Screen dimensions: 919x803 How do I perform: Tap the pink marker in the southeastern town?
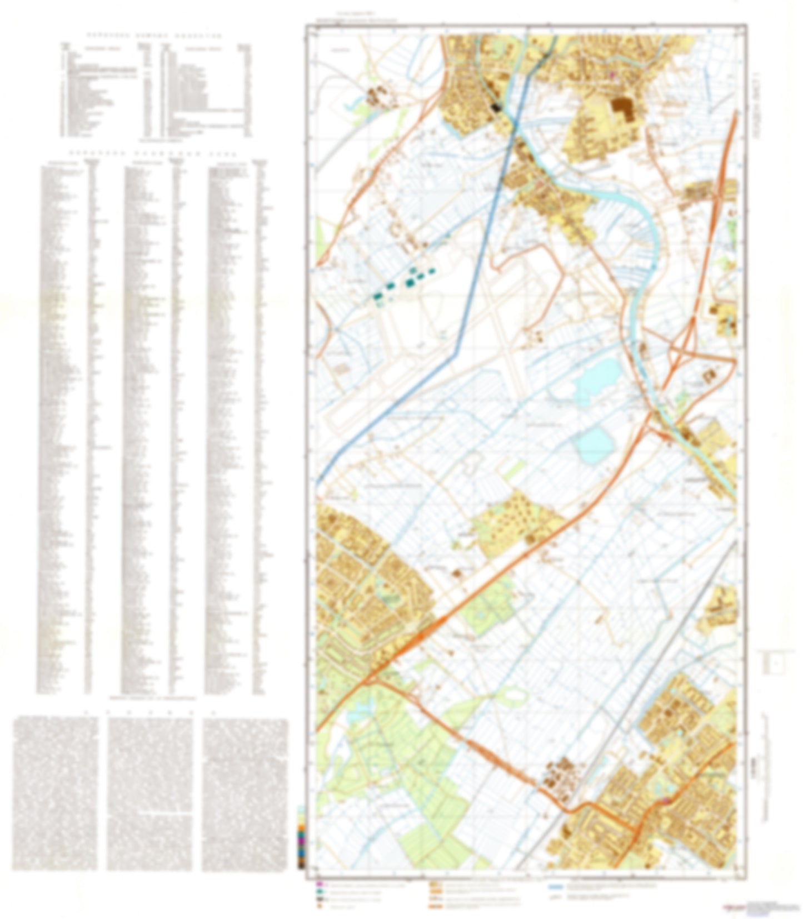[x=664, y=801]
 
